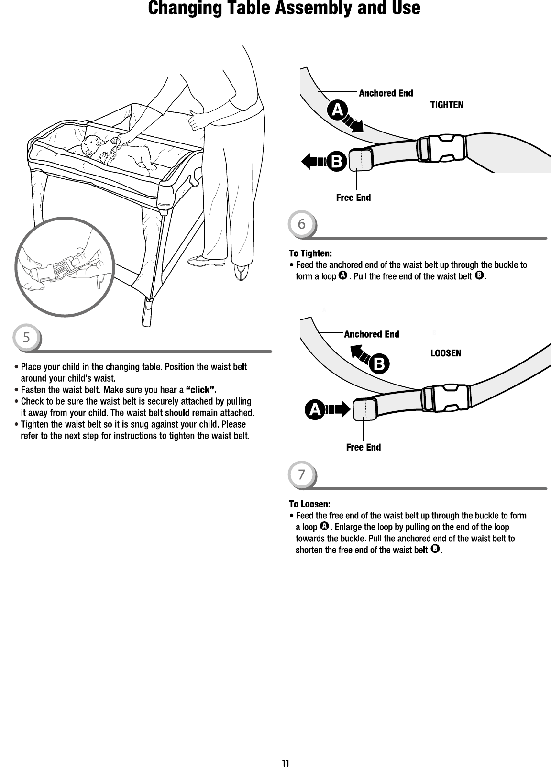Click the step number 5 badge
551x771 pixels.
tap(27, 338)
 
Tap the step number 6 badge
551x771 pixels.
tap(301, 224)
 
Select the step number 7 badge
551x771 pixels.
tap(301, 475)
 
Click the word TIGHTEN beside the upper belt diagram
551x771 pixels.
tap(447, 105)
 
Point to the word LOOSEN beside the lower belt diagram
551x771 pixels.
tap(446, 353)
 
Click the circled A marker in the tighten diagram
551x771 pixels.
tap(338, 110)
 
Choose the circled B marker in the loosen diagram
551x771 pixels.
tap(379, 365)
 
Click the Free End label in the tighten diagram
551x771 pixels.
tap(353, 198)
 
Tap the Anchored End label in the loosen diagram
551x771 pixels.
tap(372, 334)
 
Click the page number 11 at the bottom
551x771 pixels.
tap(285, 763)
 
